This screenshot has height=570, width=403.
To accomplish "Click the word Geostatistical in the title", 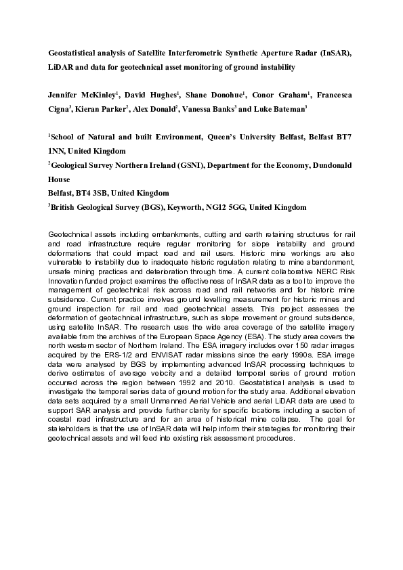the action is (72, 52).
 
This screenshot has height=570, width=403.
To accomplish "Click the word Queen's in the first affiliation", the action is (220, 137).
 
